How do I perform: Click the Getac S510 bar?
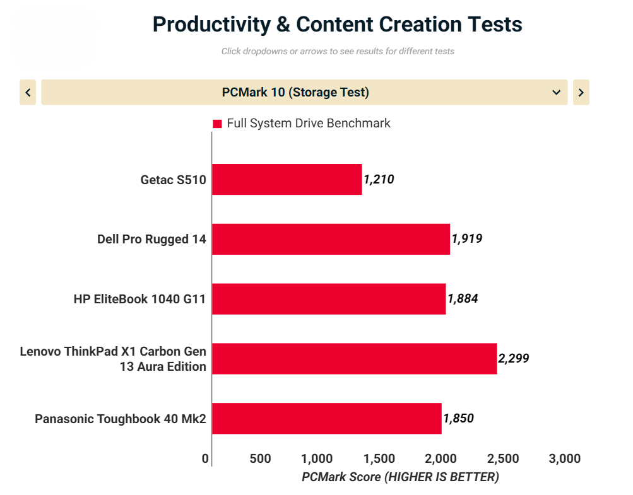click(x=287, y=180)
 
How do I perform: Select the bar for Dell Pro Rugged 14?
click(x=331, y=239)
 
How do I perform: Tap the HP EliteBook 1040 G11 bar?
click(x=328, y=299)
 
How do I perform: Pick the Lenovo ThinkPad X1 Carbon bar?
click(x=354, y=359)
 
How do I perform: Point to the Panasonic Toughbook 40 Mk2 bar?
click(x=326, y=418)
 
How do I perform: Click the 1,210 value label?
click(x=379, y=180)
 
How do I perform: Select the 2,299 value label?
click(x=513, y=359)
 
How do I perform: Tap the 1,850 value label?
click(x=458, y=418)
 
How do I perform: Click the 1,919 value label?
click(x=467, y=239)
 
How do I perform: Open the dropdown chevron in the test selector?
click(x=557, y=93)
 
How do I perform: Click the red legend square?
click(x=217, y=124)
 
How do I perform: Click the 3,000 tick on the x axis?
click(x=565, y=458)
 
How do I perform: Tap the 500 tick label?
click(x=261, y=458)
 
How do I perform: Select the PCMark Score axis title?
click(x=400, y=477)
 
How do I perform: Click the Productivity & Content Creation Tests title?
click(x=337, y=25)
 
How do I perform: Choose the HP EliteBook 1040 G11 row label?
click(x=139, y=299)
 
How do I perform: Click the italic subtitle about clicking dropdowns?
click(x=338, y=51)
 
